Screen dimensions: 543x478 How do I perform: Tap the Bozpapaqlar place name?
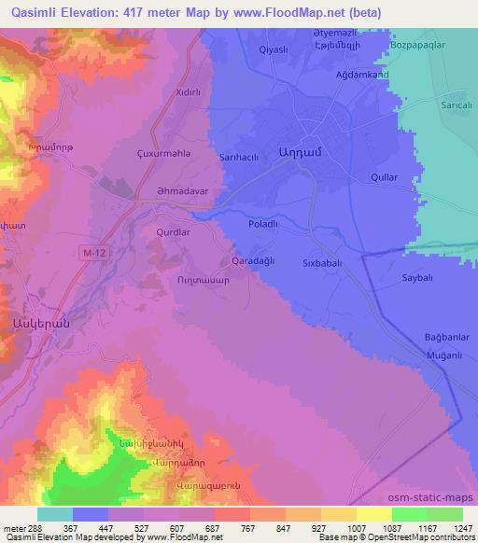pyautogui.click(x=418, y=45)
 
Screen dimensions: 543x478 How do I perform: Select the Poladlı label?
pyautogui.click(x=265, y=225)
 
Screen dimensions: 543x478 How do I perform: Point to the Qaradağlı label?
pyautogui.click(x=252, y=261)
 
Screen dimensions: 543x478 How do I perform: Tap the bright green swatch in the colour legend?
pyautogui.click(x=410, y=514)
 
